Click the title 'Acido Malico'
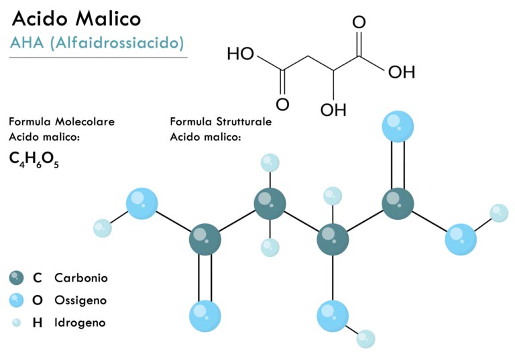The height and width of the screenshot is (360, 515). pos(76,19)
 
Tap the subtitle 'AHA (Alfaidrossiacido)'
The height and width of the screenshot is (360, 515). pos(97,43)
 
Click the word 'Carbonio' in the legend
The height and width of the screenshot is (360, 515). pos(81,278)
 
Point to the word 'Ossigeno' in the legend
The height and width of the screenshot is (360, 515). pos(80,300)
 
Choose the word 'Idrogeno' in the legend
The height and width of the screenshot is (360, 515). pos(80,322)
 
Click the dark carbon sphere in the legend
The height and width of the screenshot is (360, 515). pos(16,278)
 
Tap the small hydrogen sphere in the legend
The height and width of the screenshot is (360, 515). pos(16,323)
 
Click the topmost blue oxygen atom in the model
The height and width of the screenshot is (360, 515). pos(398,127)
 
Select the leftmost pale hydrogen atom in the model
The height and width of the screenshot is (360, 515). pos(103,229)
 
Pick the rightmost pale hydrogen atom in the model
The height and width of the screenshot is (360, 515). pos(499,213)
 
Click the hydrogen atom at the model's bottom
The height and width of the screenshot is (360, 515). pos(365,339)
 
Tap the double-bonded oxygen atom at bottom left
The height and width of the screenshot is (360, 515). pos(205,316)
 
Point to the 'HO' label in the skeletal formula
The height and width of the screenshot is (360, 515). pos(241,54)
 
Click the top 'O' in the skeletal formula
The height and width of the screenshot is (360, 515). pos(359,22)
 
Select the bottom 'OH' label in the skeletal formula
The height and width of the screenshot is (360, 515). pos(333,110)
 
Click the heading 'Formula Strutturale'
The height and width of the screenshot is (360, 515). pos(221,122)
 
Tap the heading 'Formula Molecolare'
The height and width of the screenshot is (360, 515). pos(62,122)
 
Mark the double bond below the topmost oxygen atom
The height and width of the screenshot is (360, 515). pos(398,165)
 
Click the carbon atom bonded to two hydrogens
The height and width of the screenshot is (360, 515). pos(270,204)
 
